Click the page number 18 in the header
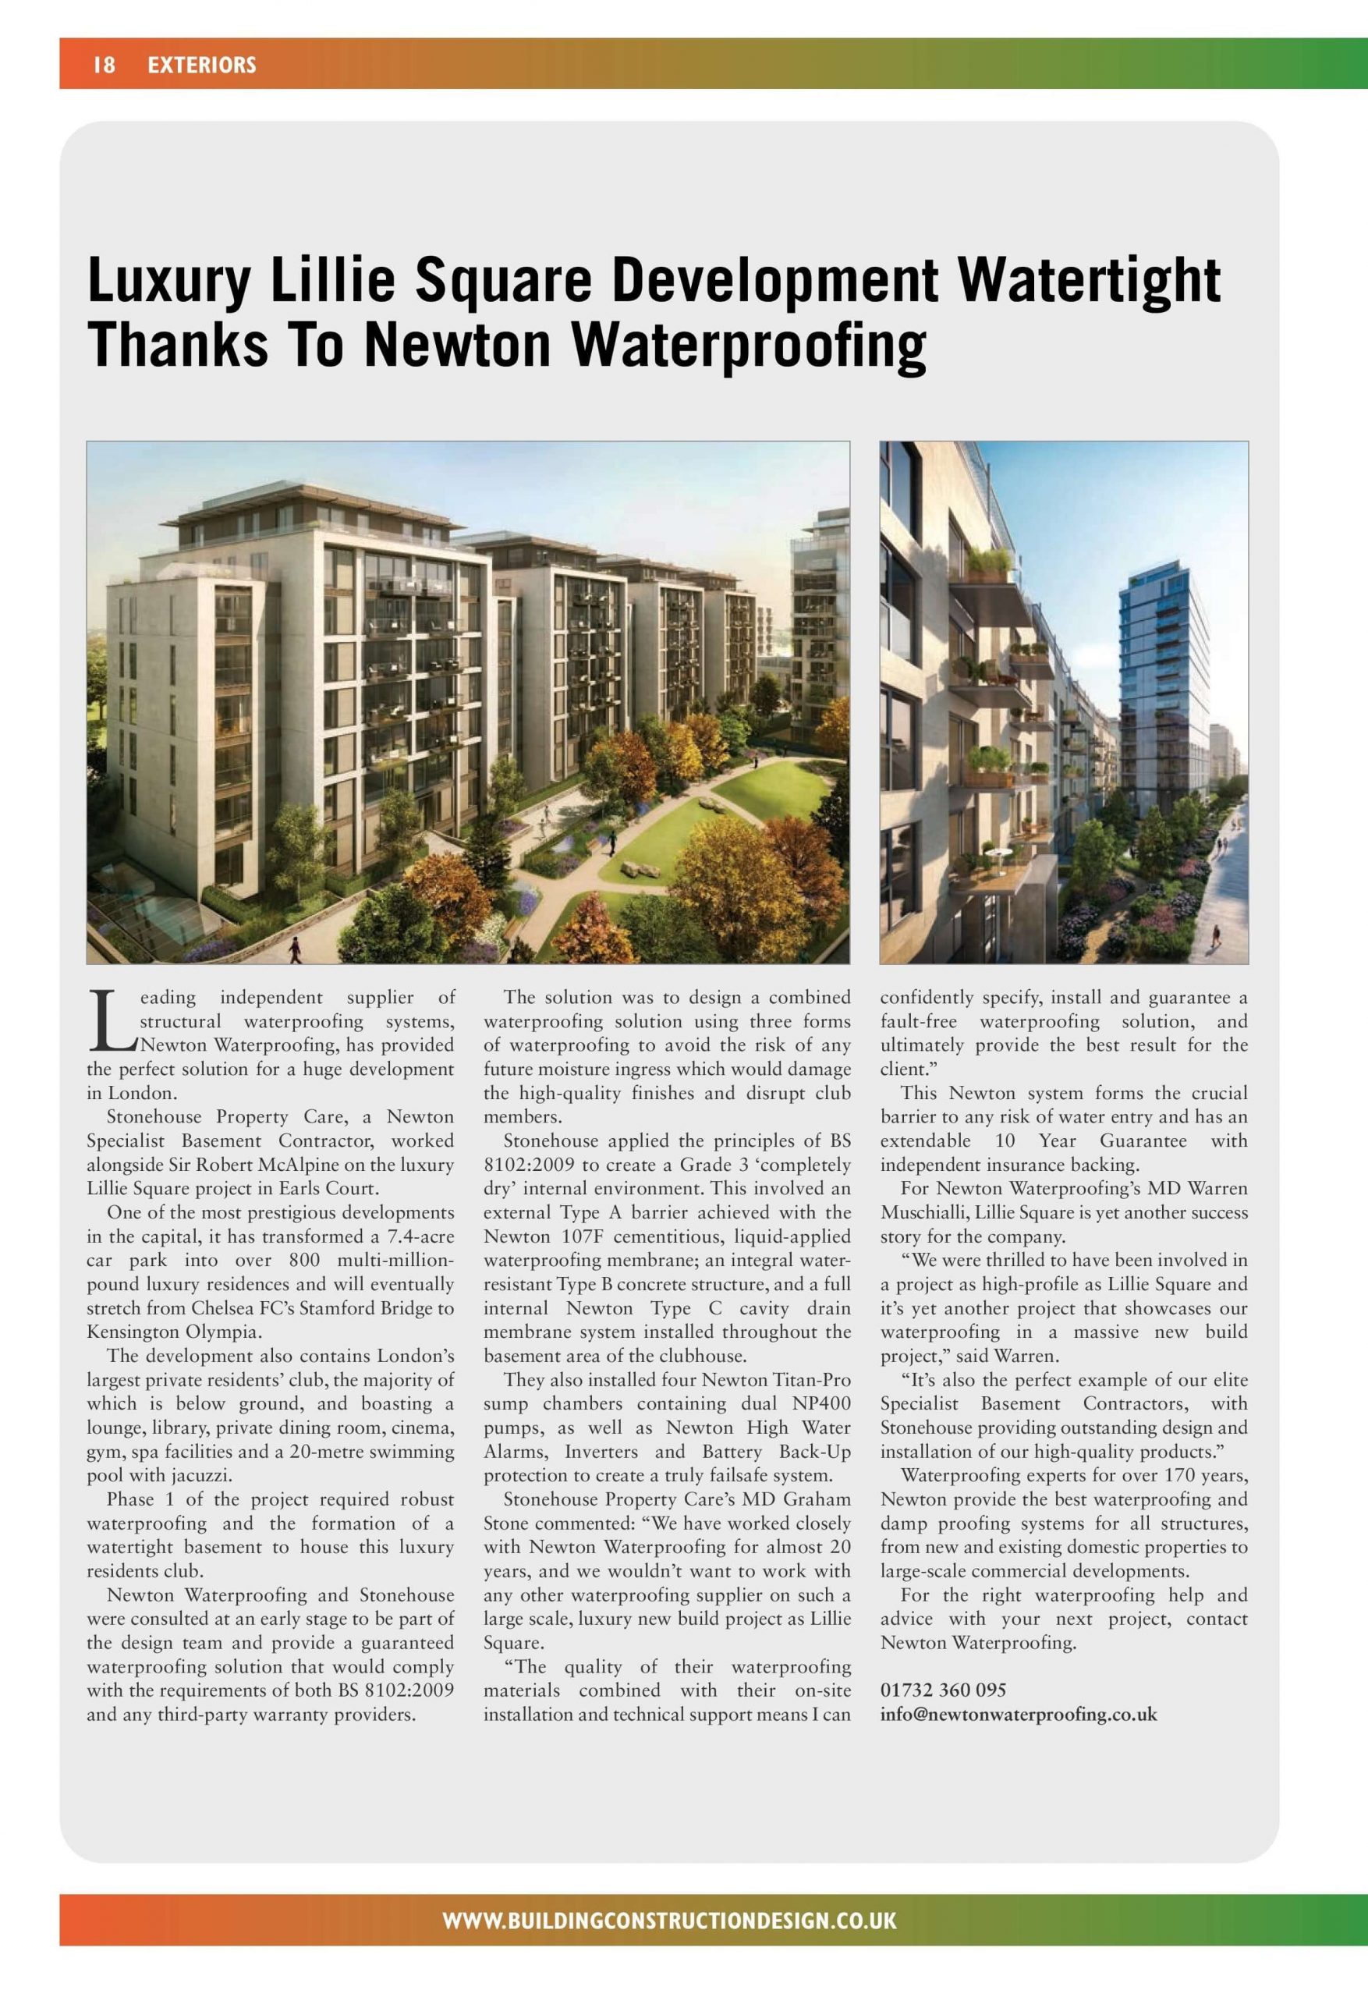(x=104, y=65)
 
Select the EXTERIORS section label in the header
(x=202, y=65)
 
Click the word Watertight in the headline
(x=1089, y=280)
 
